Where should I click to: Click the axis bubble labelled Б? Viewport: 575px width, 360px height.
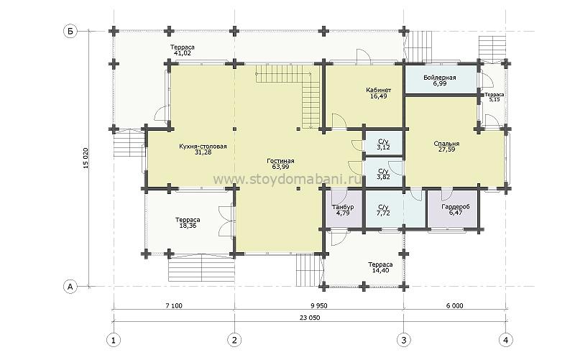(x=70, y=31)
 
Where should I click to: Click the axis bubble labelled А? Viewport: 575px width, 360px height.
(x=70, y=286)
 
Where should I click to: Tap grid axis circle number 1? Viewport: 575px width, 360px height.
(x=114, y=340)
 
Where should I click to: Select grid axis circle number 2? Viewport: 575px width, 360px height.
(x=235, y=340)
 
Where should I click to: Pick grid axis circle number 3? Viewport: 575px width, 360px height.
(x=404, y=340)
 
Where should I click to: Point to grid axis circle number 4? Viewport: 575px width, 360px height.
(x=506, y=340)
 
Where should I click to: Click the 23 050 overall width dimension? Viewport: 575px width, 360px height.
(x=310, y=318)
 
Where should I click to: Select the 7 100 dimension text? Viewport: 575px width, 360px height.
(x=174, y=305)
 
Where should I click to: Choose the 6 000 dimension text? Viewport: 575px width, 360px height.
(x=455, y=305)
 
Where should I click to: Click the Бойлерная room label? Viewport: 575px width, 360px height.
(x=440, y=78)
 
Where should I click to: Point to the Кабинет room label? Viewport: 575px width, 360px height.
(x=379, y=91)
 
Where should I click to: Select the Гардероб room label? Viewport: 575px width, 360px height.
(x=456, y=207)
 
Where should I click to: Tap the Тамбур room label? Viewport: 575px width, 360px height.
(x=343, y=207)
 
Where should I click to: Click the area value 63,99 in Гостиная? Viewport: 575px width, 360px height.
(x=280, y=167)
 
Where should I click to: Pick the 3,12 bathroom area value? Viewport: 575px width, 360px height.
(x=383, y=147)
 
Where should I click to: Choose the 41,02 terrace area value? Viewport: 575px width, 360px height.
(x=183, y=53)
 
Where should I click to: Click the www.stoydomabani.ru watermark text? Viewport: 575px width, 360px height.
(x=287, y=179)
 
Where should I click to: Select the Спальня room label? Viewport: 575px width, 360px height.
(x=446, y=144)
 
